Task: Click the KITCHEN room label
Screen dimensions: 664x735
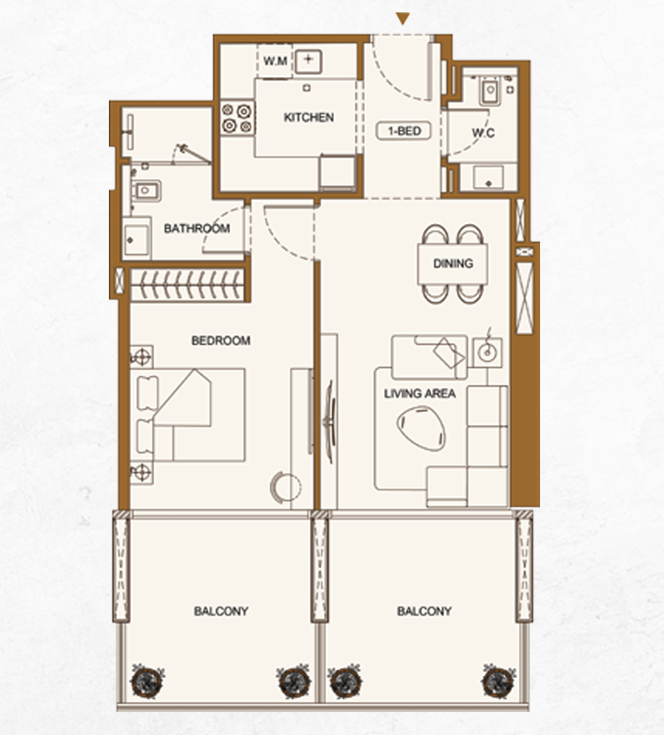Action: [309, 117]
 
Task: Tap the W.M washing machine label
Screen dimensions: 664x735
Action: [275, 61]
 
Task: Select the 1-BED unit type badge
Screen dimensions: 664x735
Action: [404, 131]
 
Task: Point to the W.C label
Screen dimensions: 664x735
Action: [483, 133]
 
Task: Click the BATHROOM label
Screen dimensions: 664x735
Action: [197, 228]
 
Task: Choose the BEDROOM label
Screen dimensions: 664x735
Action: [220, 340]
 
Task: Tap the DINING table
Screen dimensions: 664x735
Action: [452, 264]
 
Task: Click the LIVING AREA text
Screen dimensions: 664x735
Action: [420, 393]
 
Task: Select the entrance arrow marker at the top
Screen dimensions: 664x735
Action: [403, 19]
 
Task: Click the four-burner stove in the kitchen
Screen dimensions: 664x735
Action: [237, 119]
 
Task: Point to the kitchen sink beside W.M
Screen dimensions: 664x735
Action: [308, 61]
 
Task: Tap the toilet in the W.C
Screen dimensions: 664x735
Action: [490, 90]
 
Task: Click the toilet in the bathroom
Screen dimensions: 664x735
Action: [145, 190]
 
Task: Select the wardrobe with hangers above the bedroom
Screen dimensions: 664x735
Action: [187, 284]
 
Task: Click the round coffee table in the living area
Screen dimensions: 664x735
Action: [421, 429]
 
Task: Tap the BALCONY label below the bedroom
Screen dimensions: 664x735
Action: [221, 611]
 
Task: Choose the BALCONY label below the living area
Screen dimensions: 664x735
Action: [425, 611]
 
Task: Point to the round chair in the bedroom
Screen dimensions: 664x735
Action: [285, 488]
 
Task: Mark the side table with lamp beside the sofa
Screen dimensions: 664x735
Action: [487, 352]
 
